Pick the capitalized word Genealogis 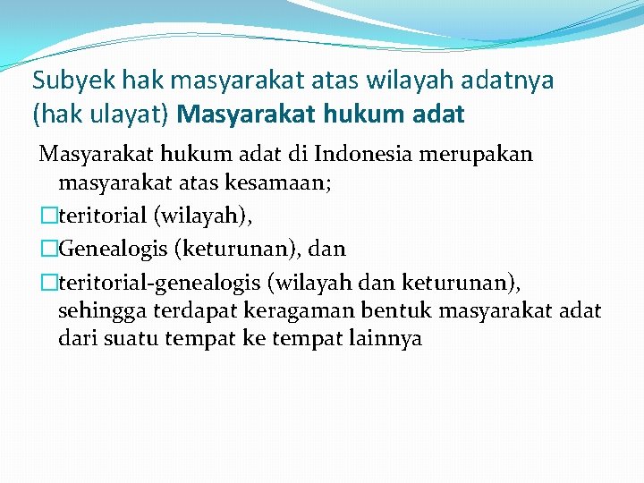coord(109,248)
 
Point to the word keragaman coord(286,311)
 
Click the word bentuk coord(384,311)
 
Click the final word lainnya coord(382,341)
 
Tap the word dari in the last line coord(75,341)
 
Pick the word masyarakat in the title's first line coord(238,80)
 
